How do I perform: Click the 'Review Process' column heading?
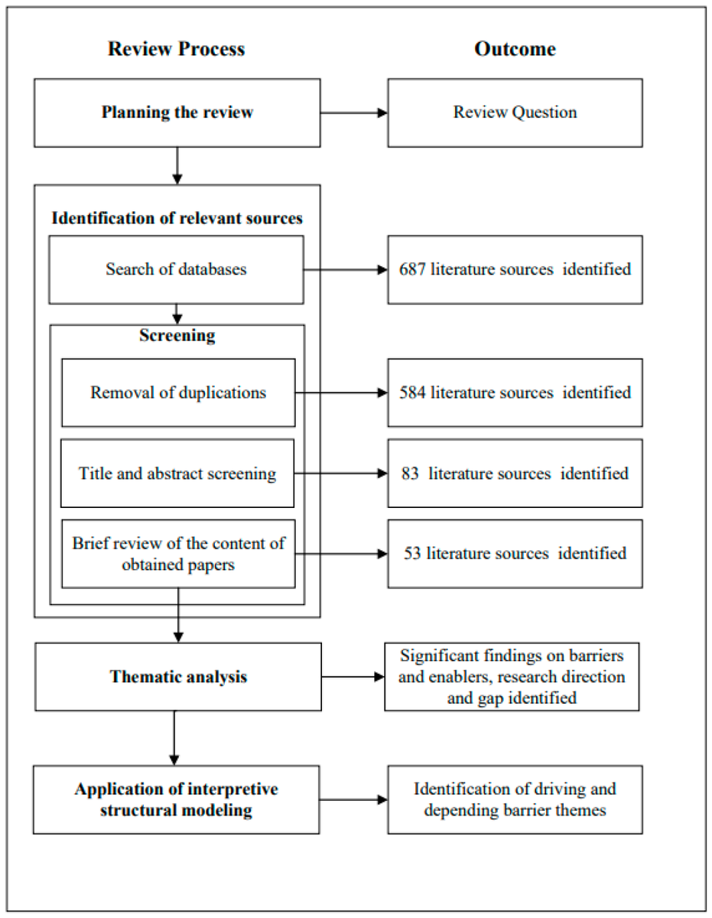(x=176, y=49)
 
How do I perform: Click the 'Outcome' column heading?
(x=515, y=49)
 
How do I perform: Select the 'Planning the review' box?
(x=177, y=112)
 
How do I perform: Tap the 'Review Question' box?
(x=515, y=112)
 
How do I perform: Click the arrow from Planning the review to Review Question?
(x=353, y=113)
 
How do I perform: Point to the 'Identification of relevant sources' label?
(x=177, y=218)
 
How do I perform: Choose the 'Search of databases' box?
(x=176, y=269)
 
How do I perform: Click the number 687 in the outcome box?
(x=413, y=269)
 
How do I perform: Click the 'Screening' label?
(x=177, y=336)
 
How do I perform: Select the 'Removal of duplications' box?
(x=178, y=392)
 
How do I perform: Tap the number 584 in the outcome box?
(x=413, y=392)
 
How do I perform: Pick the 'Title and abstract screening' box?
(x=177, y=474)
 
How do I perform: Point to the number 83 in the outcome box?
(x=410, y=474)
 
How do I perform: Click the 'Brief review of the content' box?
(x=178, y=554)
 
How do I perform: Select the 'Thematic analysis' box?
(x=177, y=676)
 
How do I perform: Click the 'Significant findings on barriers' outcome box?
(x=512, y=676)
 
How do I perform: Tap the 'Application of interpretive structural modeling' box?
(x=176, y=799)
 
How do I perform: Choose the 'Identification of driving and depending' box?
(x=515, y=799)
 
